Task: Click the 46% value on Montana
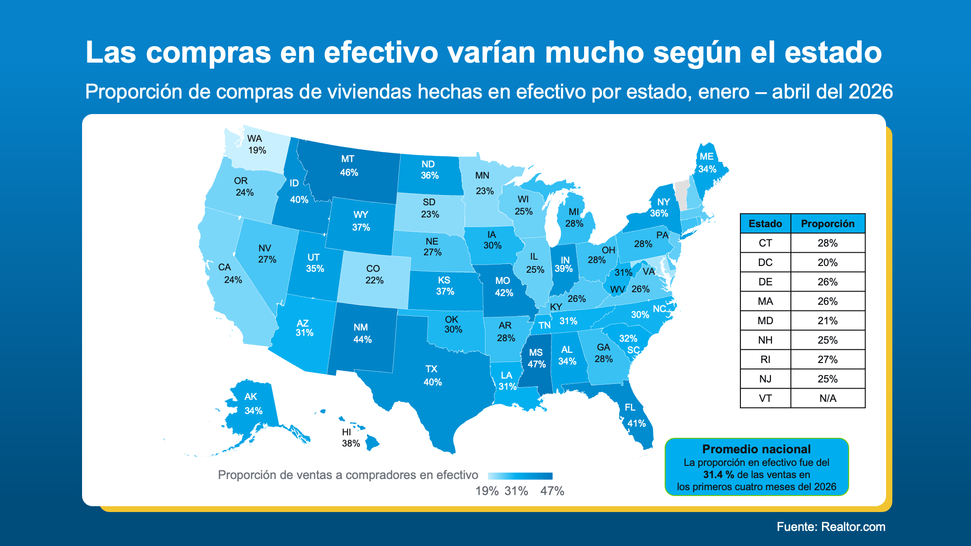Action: [x=349, y=172]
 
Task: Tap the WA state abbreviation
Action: [x=254, y=138]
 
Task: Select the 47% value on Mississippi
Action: [x=536, y=364]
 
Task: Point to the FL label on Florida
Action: [x=630, y=407]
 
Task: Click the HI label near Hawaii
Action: [x=346, y=432]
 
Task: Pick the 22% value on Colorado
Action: [x=374, y=280]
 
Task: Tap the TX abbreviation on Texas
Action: [x=431, y=369]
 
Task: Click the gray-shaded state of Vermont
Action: [x=681, y=194]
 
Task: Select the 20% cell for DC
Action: [x=827, y=262]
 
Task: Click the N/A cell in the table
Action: [x=827, y=398]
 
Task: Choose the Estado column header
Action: [x=765, y=223]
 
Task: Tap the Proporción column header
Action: [x=827, y=223]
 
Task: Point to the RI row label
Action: [x=765, y=359]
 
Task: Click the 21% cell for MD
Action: [x=827, y=320]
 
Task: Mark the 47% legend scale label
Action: [x=552, y=491]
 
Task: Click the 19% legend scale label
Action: [x=487, y=491]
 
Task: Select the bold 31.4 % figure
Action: [x=719, y=475]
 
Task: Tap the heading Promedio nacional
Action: [x=756, y=449]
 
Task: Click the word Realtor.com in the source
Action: [x=853, y=527]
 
